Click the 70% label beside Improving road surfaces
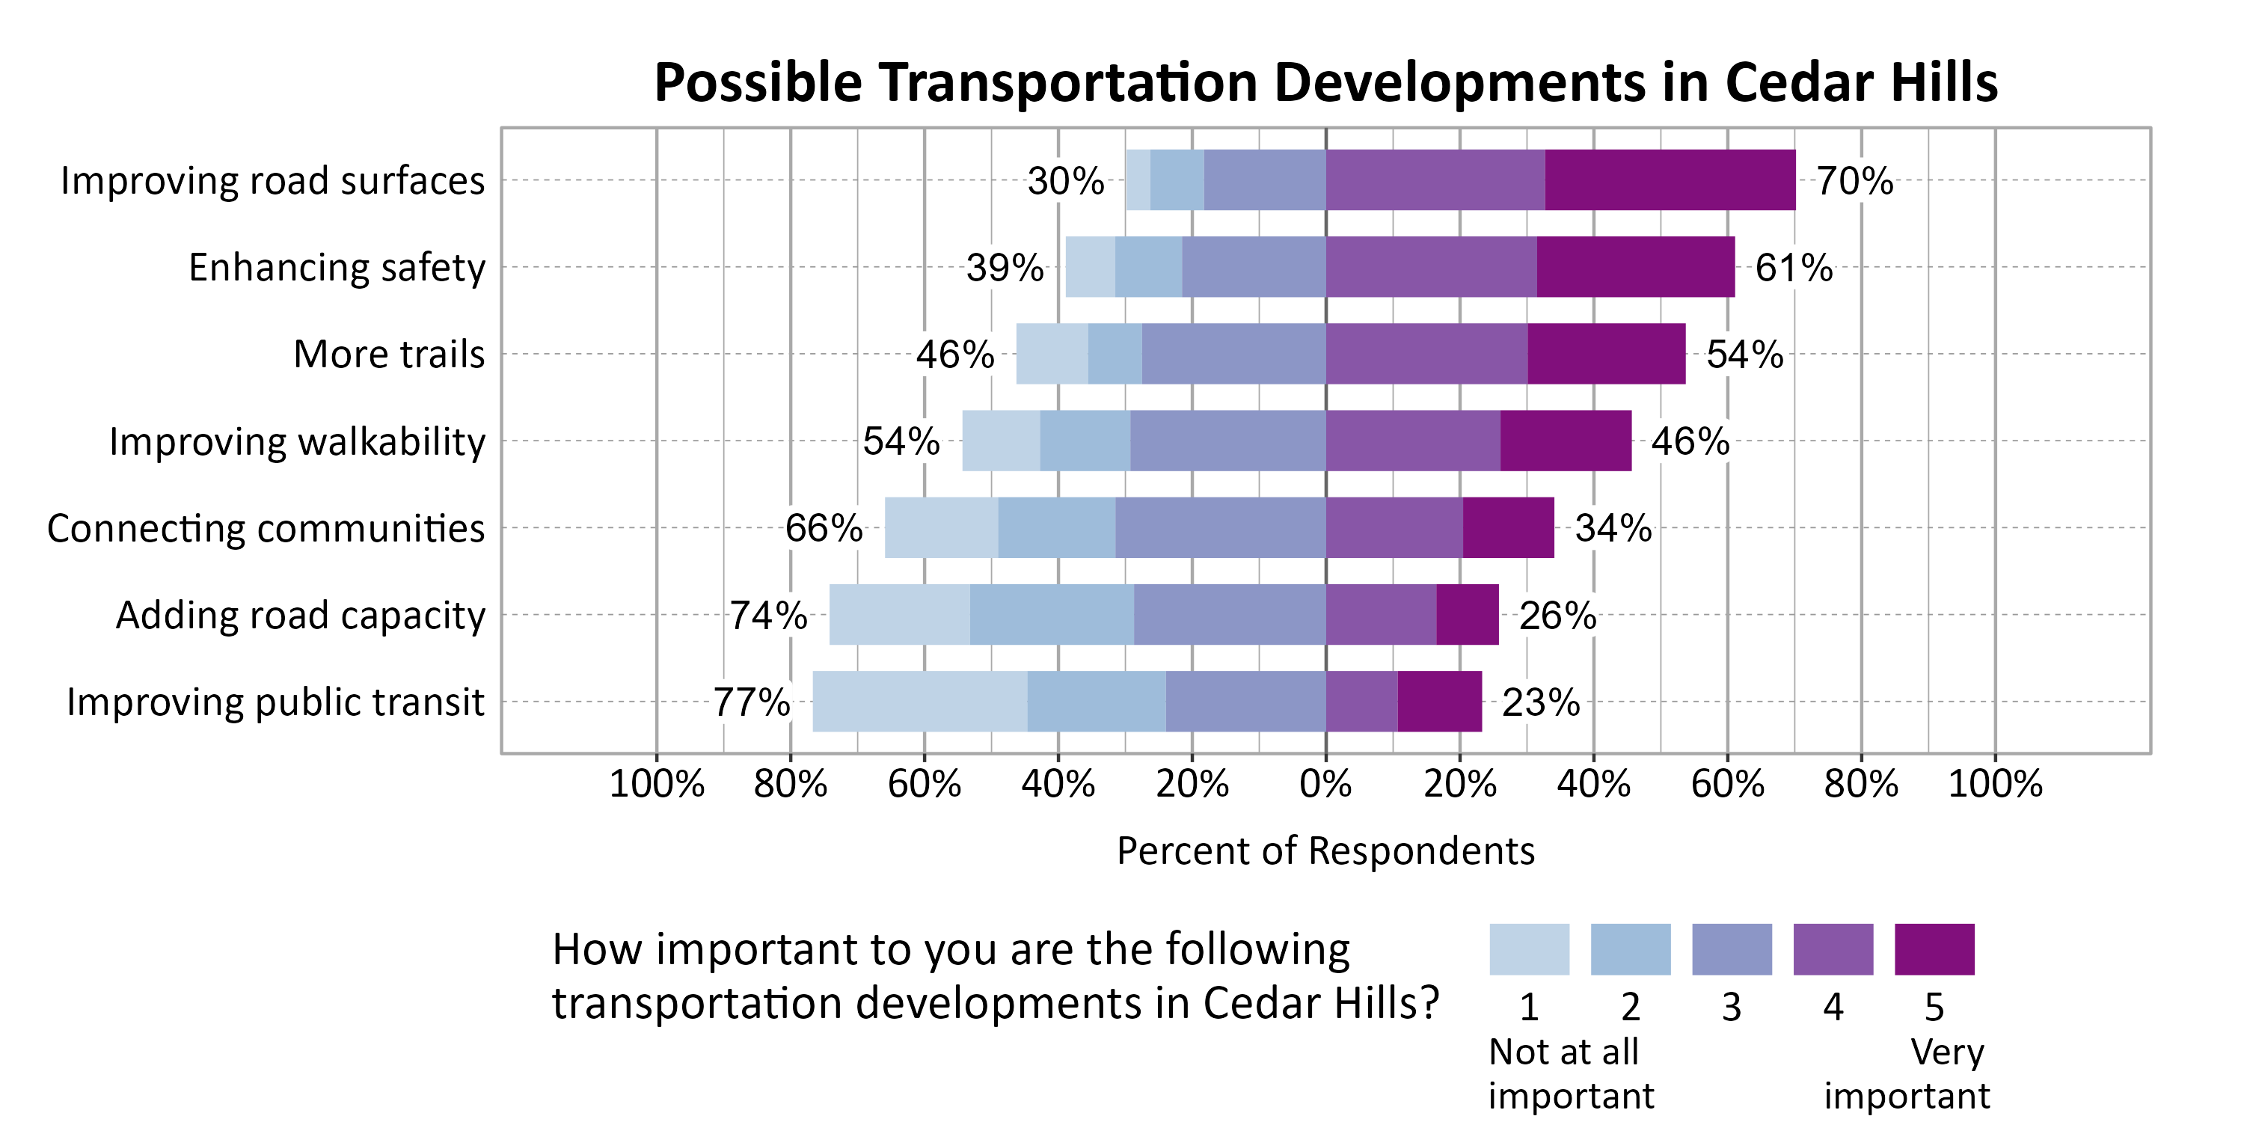tap(1854, 181)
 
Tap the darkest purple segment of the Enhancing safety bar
tap(1635, 266)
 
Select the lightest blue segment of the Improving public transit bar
tap(919, 702)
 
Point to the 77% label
tap(751, 702)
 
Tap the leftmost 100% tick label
tap(656, 784)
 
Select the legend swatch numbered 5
tap(1934, 949)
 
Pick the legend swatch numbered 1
tap(1529, 949)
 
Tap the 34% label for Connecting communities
tap(1613, 528)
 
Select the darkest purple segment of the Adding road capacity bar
tap(1467, 614)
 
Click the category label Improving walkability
tap(297, 441)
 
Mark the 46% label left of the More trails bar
tap(954, 355)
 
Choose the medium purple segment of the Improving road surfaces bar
tap(1435, 180)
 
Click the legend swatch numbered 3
tap(1731, 949)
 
